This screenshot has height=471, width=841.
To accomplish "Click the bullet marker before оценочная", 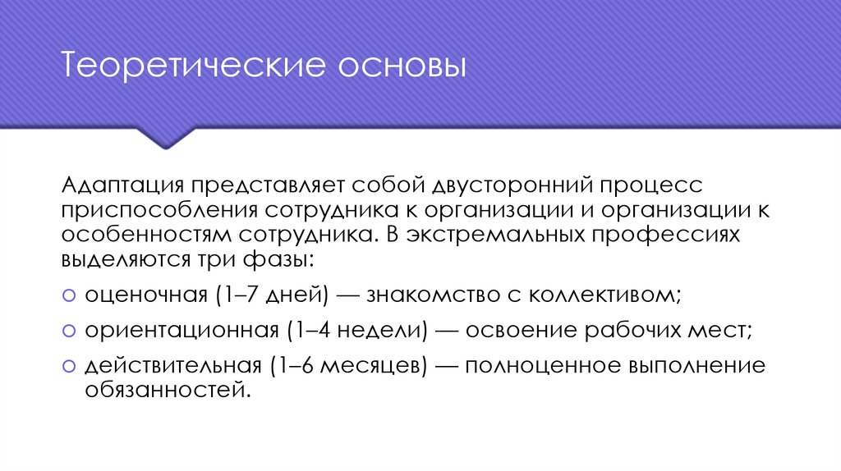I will pyautogui.click(x=68, y=295).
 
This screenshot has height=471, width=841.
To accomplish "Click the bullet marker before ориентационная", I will pyautogui.click(x=68, y=331).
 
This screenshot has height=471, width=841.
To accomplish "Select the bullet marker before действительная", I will pyautogui.click(x=68, y=365).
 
